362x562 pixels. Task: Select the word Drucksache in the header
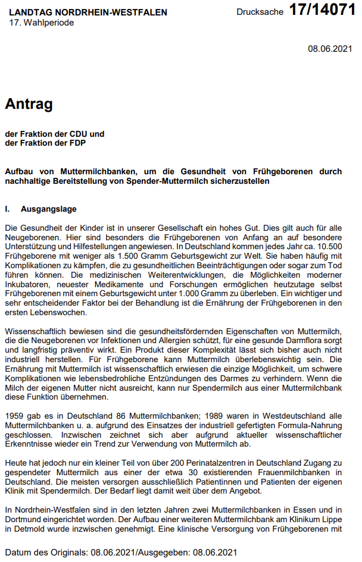[x=260, y=12]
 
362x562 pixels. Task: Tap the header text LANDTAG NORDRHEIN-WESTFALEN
[x=88, y=12]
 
